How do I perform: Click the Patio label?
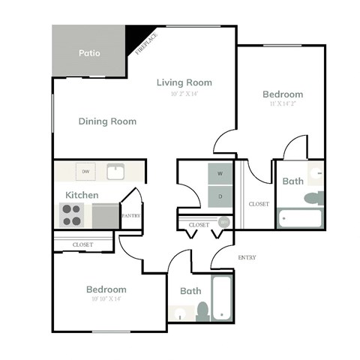coord(89,53)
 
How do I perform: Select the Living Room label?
coord(184,82)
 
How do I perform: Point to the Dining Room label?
coord(107,121)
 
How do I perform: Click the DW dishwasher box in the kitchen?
coord(85,172)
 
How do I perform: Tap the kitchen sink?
coord(115,172)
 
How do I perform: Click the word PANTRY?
coord(130,216)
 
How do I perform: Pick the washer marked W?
coord(220,173)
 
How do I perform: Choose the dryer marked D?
coord(220,197)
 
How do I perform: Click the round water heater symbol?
coord(223,222)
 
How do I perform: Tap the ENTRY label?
coord(247,257)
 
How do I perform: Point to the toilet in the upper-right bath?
coord(314,198)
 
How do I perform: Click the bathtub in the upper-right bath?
coord(299,218)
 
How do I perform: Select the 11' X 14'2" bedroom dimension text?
coord(282,103)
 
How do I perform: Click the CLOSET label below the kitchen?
coord(82,244)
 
